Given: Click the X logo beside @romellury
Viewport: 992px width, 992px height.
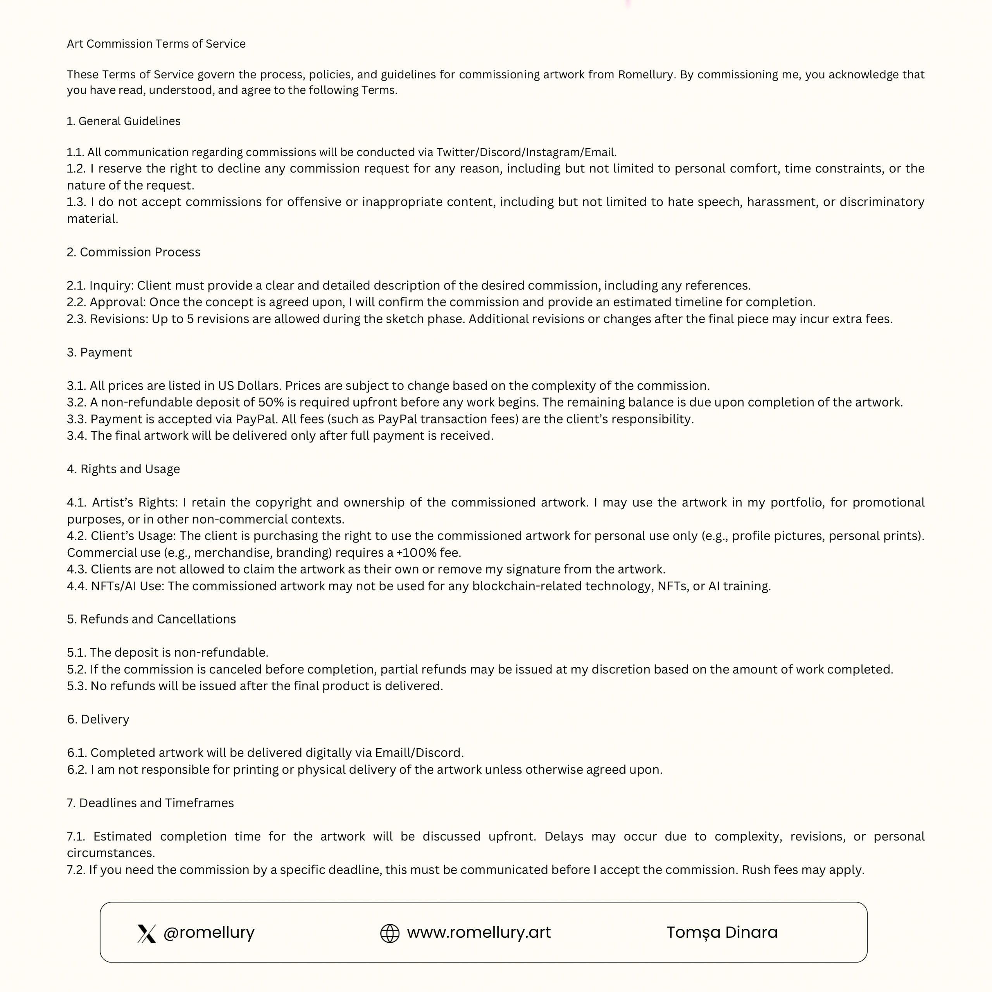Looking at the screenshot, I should coord(146,933).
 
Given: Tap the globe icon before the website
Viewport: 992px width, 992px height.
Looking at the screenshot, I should coord(390,933).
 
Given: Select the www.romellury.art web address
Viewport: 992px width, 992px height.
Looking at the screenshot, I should coord(479,932).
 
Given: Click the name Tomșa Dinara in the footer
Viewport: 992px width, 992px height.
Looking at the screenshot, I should coord(722,932).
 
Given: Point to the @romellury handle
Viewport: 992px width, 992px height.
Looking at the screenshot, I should coord(208,932).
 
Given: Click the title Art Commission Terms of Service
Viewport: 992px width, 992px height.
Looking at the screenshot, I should coord(156,44).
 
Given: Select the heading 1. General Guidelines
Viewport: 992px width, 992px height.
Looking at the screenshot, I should coord(124,121).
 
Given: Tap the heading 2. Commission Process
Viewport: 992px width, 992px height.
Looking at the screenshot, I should coord(134,252).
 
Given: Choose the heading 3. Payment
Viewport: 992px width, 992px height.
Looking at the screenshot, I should coord(100,352).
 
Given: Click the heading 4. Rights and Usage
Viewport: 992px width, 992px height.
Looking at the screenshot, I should coord(123,469).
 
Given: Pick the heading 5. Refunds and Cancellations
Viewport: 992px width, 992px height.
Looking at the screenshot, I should coord(152,619).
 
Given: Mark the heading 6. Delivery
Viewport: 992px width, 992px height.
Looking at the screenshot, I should coord(98,719).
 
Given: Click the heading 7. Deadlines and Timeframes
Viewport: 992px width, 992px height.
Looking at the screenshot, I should coord(150,803).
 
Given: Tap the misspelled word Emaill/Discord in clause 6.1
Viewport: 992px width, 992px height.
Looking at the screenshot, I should coord(419,753).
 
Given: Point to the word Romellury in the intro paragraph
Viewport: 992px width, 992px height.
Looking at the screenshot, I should coord(646,75).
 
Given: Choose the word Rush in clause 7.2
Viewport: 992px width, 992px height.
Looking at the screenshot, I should coord(756,870).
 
